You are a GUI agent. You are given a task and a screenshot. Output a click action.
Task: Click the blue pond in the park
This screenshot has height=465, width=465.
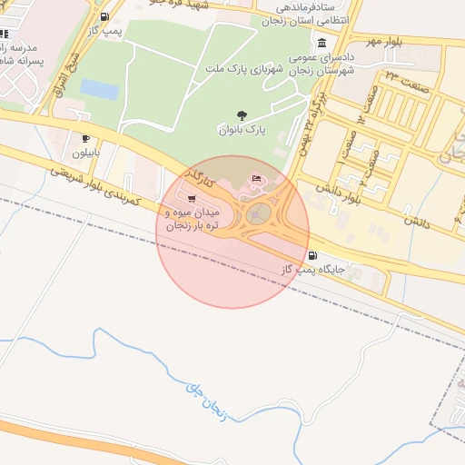(100, 89)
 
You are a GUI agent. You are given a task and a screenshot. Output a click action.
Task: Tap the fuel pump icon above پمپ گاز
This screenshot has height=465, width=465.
(105, 17)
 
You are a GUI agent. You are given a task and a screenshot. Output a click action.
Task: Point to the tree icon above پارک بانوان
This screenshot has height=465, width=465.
(242, 115)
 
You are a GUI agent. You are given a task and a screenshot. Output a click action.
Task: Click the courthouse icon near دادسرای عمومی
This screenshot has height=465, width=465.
(322, 44)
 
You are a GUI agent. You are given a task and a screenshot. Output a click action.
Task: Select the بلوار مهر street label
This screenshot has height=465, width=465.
(383, 42)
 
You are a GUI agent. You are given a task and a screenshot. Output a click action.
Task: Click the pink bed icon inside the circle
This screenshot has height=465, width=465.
(256, 177)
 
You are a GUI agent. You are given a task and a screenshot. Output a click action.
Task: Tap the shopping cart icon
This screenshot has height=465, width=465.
(191, 198)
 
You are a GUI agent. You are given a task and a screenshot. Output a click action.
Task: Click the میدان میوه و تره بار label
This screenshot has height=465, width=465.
(191, 217)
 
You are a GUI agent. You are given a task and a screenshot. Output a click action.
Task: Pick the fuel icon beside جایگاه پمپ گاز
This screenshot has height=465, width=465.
(313, 255)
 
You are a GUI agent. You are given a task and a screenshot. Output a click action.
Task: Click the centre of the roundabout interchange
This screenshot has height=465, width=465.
(259, 214)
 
